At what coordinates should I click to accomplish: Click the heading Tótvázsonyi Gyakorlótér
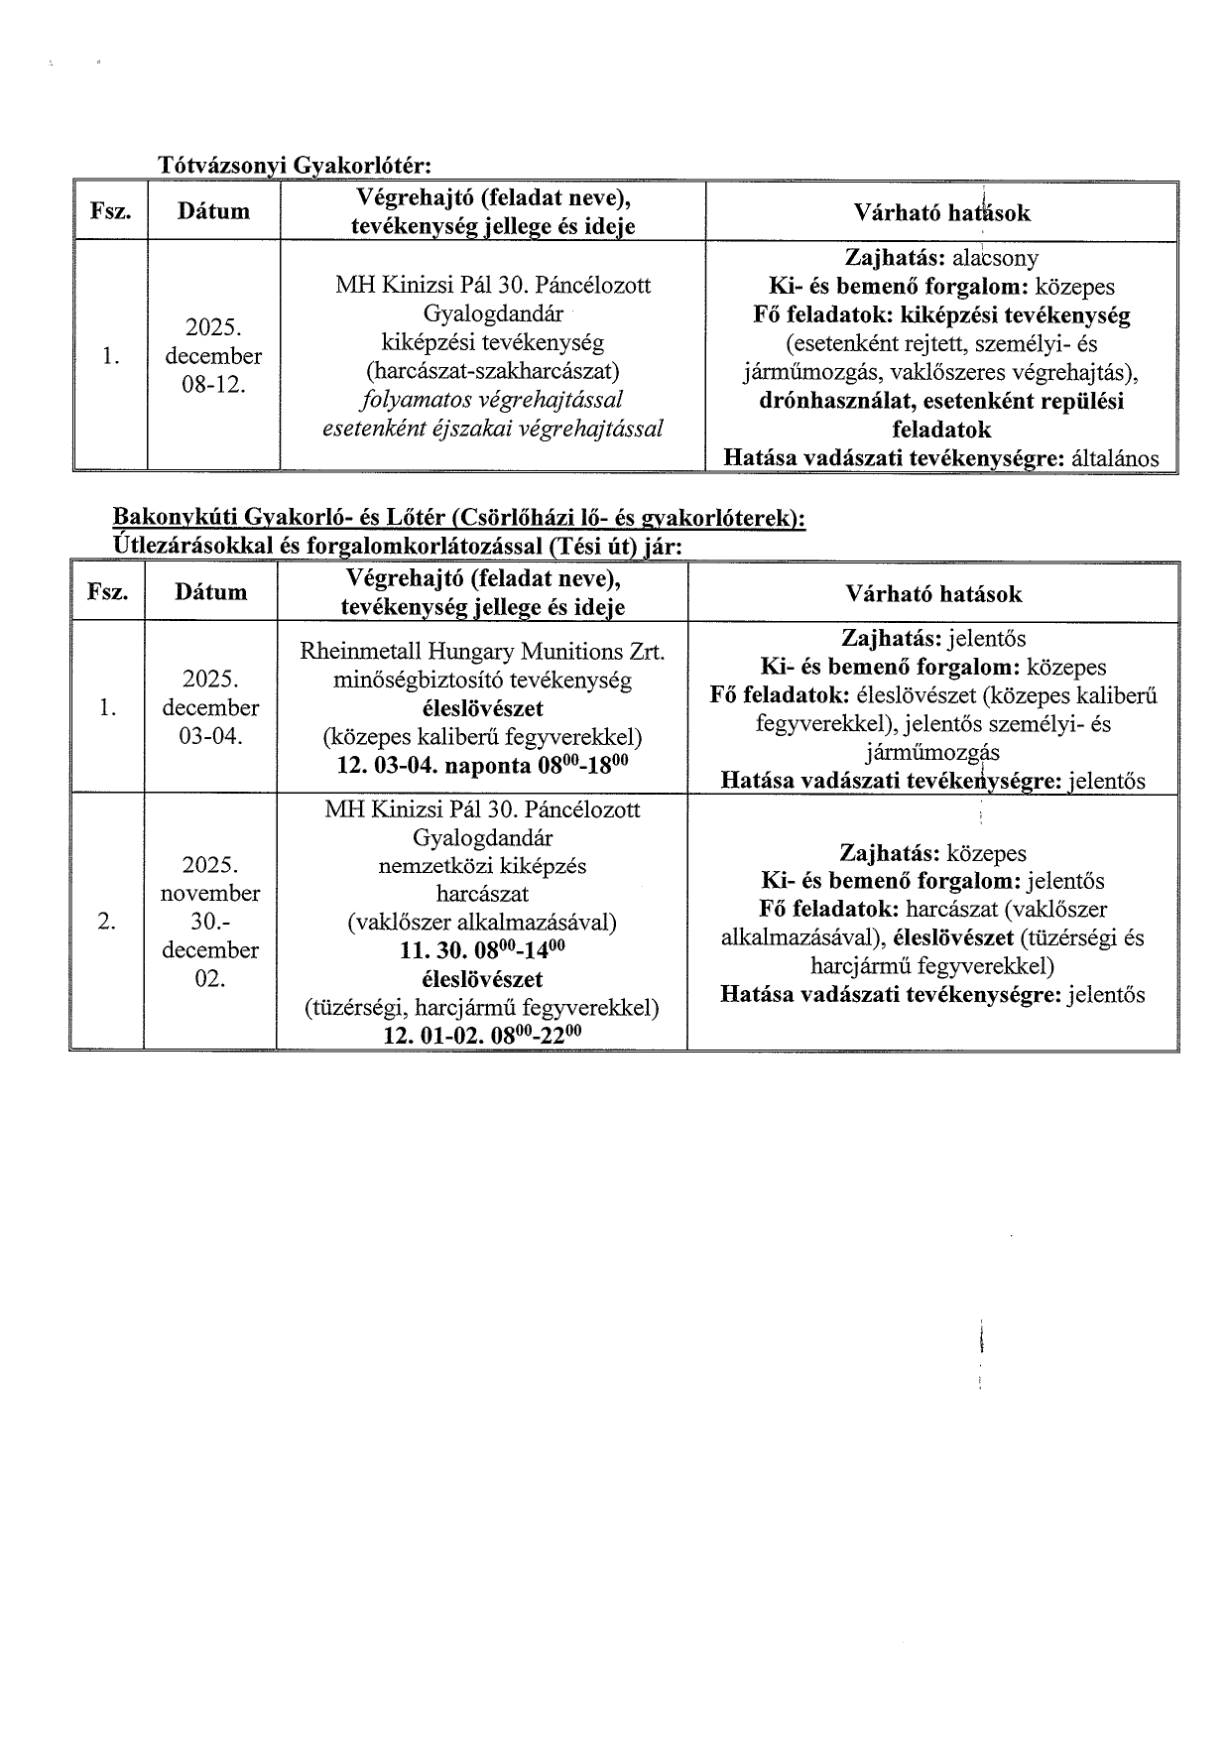(296, 165)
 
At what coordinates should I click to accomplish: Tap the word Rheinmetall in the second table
(356, 652)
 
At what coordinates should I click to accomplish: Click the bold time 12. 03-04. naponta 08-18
(482, 767)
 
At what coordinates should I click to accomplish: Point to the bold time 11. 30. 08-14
(482, 950)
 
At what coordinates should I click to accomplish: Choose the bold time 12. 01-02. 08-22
(482, 1036)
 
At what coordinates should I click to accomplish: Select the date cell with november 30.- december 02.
(210, 922)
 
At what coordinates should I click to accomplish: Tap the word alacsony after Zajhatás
(996, 259)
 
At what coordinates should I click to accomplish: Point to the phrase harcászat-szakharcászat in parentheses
(493, 371)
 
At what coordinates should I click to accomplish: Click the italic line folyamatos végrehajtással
(493, 400)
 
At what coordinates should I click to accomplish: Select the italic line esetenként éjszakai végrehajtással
(493, 429)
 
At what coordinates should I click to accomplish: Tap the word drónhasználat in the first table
(835, 402)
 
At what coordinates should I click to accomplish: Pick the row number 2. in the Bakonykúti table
(106, 922)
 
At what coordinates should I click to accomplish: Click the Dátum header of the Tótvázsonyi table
(213, 211)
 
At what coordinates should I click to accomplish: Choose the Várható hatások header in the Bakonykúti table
(932, 594)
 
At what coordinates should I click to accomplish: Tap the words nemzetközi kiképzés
(482, 866)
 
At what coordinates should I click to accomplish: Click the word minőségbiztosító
(412, 681)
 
